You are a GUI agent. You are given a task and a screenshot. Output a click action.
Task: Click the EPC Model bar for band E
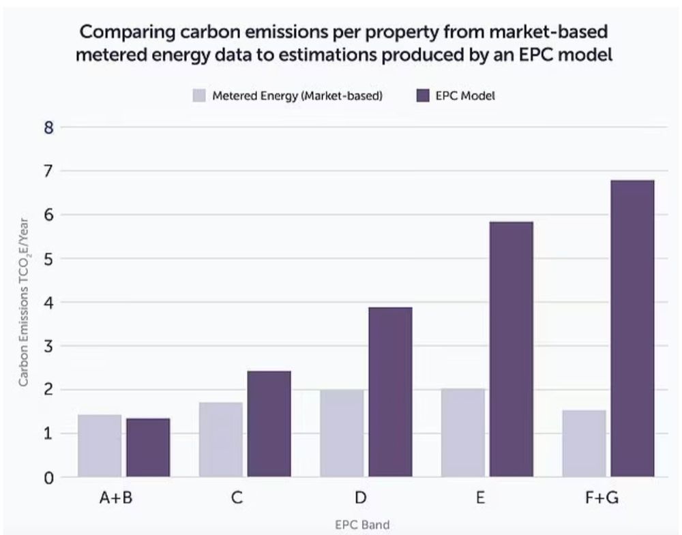point(511,349)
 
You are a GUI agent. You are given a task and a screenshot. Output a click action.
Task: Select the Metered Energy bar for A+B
point(100,446)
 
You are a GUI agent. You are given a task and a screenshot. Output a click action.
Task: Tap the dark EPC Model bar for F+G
point(632,328)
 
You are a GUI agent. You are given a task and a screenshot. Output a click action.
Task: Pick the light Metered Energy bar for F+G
point(584,443)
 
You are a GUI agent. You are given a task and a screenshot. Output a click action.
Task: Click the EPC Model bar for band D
point(389,392)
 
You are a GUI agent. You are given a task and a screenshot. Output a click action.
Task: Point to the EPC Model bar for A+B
point(148,447)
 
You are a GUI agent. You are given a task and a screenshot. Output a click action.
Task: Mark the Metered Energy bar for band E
point(462,433)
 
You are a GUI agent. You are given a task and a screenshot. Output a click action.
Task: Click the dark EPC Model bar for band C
point(269,424)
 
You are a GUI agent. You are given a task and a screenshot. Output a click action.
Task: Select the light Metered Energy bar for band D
point(342,433)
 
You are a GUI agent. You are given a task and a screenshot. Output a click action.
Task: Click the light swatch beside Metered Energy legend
point(199,96)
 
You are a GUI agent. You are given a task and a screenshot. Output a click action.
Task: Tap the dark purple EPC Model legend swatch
point(402,96)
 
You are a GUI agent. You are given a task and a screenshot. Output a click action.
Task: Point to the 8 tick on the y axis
point(48,127)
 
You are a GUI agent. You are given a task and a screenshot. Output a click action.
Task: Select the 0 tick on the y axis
point(48,478)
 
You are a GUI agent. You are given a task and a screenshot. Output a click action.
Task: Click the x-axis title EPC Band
point(361,524)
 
